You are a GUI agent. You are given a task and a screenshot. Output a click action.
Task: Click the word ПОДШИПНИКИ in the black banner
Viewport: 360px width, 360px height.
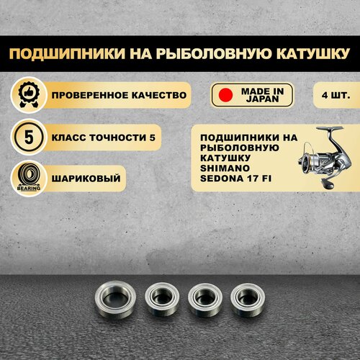coord(67,53)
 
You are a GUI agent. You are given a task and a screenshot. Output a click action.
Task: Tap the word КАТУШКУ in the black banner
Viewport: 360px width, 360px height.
coord(312,53)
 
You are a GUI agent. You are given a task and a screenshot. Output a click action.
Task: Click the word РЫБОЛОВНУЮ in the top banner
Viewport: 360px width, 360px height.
coord(214,53)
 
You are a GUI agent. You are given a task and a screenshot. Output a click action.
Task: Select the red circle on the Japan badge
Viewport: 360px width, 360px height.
coord(225,95)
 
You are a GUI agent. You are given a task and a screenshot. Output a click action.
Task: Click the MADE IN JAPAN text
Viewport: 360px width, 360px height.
coord(262,95)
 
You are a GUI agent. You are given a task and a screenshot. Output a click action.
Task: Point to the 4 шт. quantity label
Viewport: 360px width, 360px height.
coord(336,95)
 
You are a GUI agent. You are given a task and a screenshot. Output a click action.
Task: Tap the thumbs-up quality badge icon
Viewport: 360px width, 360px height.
coord(29,95)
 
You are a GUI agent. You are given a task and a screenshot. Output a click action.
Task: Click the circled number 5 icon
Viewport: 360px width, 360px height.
coord(29,138)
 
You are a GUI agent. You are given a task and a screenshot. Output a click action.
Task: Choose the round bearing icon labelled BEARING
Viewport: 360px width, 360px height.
coord(29,178)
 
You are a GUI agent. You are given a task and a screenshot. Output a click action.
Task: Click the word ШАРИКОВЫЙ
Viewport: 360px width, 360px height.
coord(86,179)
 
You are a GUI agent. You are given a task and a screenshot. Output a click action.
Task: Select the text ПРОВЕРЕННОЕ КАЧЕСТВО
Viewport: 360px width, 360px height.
coord(119,95)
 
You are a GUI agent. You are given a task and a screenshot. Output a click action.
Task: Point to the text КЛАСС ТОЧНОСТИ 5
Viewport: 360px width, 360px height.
coord(104,138)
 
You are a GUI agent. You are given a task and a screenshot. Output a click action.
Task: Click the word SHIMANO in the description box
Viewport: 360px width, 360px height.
coord(225,168)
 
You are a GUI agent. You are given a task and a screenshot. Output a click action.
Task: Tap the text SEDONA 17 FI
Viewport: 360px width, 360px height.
coord(236,179)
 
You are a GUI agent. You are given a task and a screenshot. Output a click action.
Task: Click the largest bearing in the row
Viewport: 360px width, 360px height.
coord(115,300)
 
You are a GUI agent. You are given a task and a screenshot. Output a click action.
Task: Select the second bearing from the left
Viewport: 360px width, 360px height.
coord(162,299)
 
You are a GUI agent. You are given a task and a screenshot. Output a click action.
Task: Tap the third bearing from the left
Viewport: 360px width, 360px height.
coord(205,299)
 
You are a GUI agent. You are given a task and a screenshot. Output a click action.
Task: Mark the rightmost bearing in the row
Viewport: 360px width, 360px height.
coord(248,300)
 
